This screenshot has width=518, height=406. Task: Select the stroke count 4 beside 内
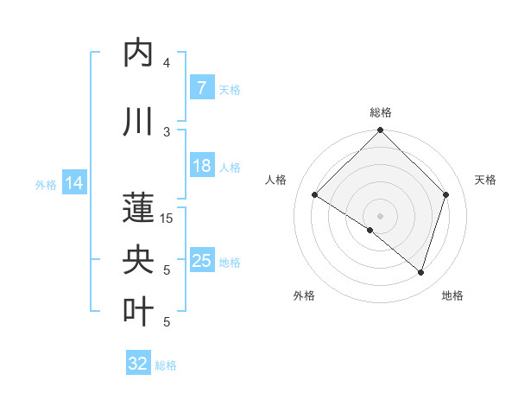point(167,62)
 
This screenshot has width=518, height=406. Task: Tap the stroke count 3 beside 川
point(167,131)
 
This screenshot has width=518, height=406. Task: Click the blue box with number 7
point(201,87)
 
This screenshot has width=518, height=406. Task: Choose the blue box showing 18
point(201,166)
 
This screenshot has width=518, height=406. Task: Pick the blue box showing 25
point(201,261)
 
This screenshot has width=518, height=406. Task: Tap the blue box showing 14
point(74,183)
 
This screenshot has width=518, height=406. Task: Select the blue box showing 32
point(138,364)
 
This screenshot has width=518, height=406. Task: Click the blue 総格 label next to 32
point(166,365)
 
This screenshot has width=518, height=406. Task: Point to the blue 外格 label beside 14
point(46,184)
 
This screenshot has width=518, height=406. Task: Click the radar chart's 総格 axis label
point(381,112)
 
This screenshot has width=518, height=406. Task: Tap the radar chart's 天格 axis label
point(485,180)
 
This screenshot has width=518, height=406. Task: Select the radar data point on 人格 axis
point(315,195)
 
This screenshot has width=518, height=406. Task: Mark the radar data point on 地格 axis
point(420,272)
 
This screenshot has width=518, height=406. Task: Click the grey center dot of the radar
point(381,215)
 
